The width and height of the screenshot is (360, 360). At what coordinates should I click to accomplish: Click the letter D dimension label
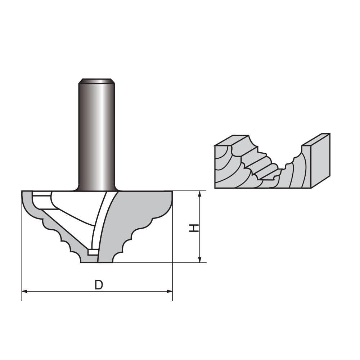tap(99, 285)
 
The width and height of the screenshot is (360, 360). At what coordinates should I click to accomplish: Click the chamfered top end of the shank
tap(97, 81)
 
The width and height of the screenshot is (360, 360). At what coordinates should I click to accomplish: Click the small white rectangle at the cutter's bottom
tap(93, 252)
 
